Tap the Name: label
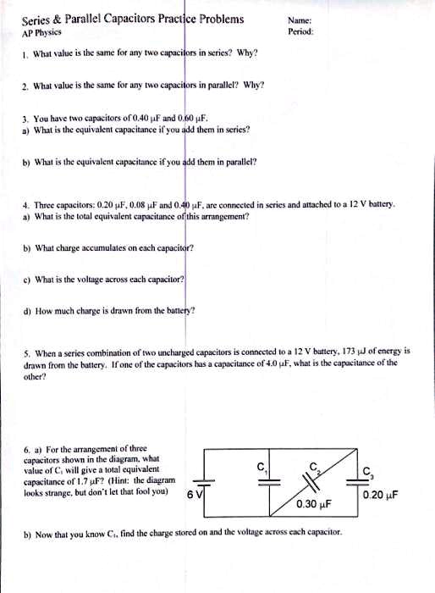(299, 20)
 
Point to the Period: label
(300, 31)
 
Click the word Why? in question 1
(247, 53)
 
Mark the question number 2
(25, 86)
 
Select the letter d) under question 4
(26, 310)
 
